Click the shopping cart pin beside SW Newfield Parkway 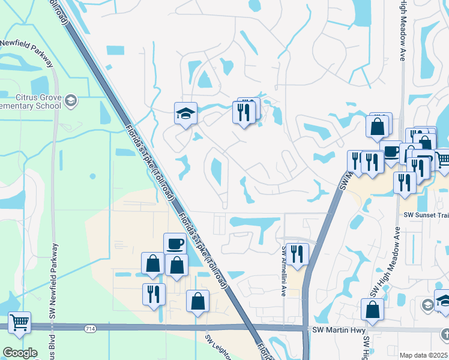[19, 322]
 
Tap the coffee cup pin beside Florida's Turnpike [175, 244]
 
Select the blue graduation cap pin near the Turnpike [185, 112]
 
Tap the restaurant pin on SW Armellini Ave [297, 254]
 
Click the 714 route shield [90, 328]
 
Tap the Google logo [20, 353]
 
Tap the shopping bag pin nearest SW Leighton [197, 302]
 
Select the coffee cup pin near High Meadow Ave [391, 152]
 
